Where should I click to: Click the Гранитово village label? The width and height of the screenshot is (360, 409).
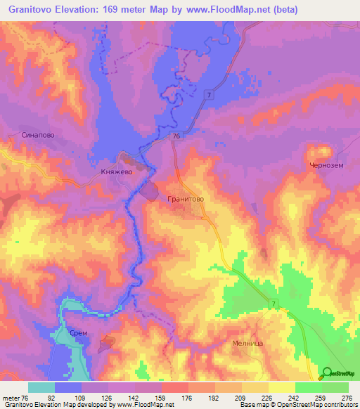186,199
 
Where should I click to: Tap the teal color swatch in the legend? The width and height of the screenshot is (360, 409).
41,387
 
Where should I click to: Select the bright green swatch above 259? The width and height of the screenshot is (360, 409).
309,387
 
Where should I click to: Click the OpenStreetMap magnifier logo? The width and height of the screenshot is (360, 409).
327,374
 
